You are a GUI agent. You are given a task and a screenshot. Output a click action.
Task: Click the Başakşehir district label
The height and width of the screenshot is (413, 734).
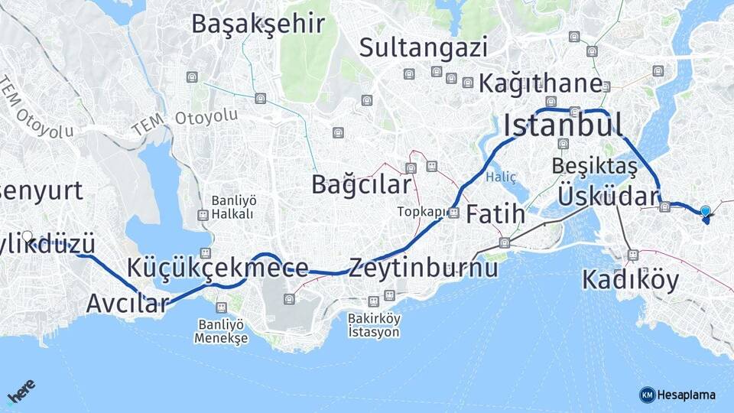click(258, 24)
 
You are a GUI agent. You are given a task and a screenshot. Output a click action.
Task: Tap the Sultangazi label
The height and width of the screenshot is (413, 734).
click(423, 48)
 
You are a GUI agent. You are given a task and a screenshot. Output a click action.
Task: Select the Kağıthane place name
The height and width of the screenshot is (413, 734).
click(541, 84)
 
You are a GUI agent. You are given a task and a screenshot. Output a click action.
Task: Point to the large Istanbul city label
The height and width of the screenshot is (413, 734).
click(562, 125)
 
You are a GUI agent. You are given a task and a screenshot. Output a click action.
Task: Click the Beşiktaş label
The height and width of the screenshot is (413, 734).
click(594, 166)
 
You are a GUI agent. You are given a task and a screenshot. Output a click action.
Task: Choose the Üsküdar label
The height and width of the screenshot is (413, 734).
click(608, 195)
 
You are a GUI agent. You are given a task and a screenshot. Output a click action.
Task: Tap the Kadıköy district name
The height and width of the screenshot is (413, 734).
click(630, 281)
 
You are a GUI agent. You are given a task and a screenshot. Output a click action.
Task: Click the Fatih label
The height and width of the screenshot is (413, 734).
click(495, 213)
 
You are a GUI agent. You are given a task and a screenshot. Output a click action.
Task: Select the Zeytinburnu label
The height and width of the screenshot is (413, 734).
click(424, 268)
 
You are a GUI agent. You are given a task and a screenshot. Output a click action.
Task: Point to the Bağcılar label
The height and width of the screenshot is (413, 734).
click(361, 185)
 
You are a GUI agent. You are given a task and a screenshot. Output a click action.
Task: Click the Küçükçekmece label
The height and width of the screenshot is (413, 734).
click(218, 268)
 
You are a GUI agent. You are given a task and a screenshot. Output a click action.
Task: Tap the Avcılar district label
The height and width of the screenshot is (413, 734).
click(126, 304)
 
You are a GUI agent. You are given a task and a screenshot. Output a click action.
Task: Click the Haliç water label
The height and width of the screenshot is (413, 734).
click(502, 177)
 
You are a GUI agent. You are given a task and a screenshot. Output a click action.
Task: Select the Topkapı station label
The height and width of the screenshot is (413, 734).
click(419, 212)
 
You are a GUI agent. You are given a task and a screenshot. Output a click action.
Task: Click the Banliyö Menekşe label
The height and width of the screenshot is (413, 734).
click(221, 331)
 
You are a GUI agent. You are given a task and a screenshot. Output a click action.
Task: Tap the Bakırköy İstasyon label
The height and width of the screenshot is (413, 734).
click(374, 326)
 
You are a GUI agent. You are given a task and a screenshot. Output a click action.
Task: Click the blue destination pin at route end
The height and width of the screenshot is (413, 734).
click(705, 213)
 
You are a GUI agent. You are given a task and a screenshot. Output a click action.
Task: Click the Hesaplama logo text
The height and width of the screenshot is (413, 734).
click(685, 395)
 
